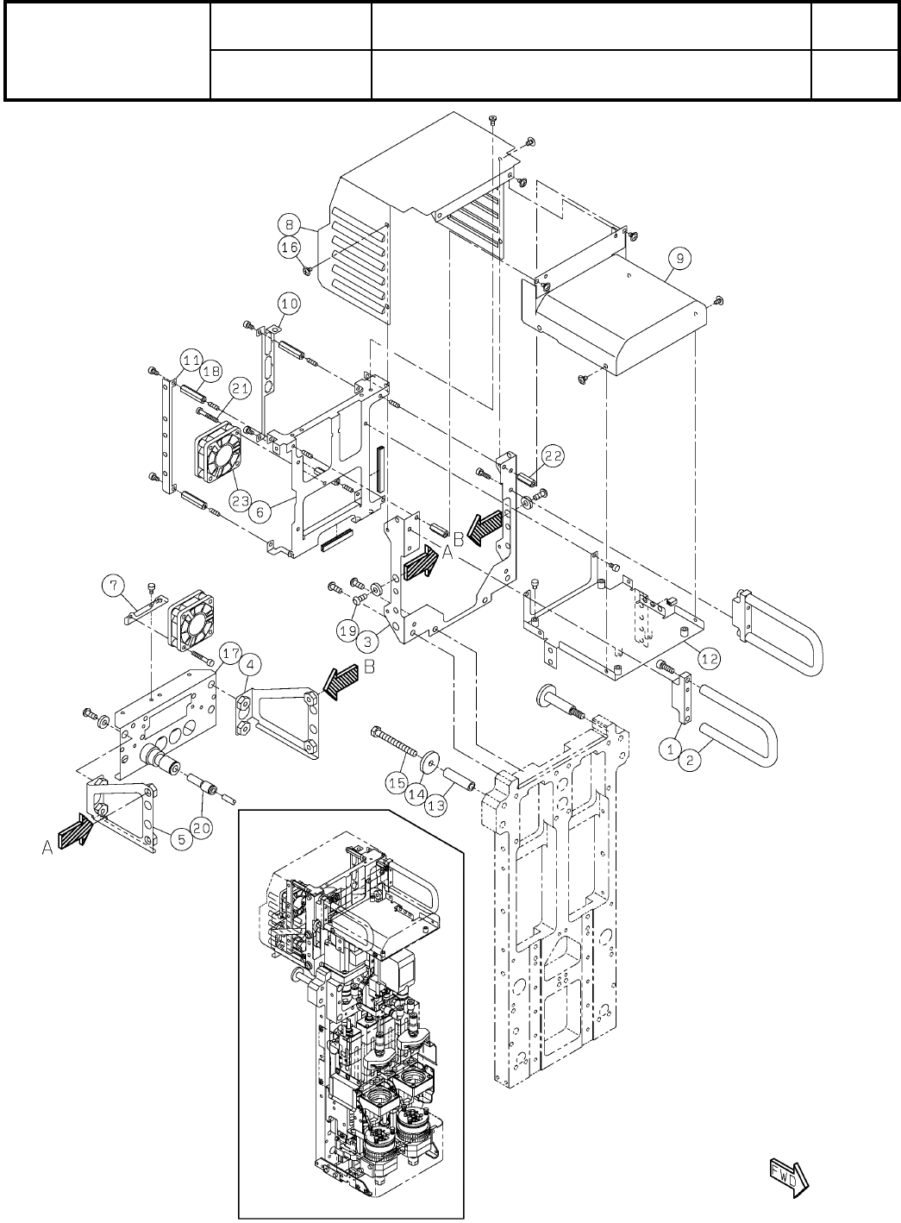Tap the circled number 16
[291, 248]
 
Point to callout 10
[288, 303]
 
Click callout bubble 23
[241, 499]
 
